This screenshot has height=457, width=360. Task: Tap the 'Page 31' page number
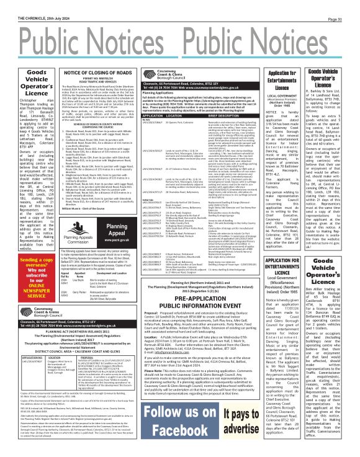pyautogui.click(x=346, y=5)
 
